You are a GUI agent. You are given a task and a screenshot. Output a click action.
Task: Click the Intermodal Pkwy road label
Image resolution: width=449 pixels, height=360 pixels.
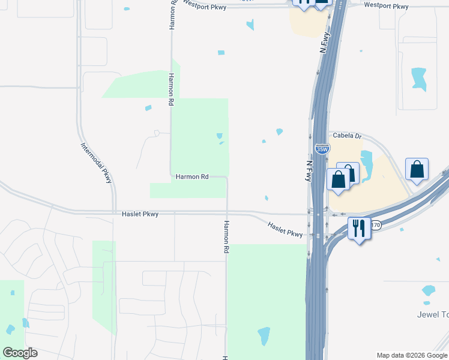[x=97, y=162]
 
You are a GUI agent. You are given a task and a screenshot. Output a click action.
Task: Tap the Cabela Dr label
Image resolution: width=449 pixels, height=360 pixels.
[x=346, y=136]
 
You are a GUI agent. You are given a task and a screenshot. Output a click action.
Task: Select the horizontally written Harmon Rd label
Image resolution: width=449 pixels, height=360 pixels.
[x=191, y=177]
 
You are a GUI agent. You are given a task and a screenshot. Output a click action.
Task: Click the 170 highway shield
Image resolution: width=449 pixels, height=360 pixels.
[x=376, y=226]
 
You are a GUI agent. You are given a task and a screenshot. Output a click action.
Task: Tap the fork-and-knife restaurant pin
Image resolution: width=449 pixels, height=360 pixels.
[x=359, y=229]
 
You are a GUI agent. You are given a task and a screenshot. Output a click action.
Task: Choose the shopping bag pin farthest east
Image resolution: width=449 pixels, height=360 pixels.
[x=417, y=170]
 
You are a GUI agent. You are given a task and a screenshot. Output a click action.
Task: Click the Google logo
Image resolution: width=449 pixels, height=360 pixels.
[x=20, y=353]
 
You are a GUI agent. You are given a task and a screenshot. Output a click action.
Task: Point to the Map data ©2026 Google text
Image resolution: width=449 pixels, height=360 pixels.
[x=412, y=355]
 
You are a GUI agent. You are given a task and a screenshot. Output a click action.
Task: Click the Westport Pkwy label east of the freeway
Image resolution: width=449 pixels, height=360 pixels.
[x=387, y=7]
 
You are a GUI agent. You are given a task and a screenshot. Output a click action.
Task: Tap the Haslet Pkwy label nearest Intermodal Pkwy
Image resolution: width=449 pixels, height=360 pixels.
[x=140, y=214]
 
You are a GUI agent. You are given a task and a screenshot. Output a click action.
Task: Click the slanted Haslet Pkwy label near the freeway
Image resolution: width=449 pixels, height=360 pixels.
[x=285, y=229]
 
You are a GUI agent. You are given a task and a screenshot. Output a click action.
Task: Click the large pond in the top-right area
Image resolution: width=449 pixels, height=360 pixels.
[x=419, y=79]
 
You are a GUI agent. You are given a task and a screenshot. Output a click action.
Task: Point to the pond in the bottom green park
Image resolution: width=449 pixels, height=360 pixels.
[x=263, y=336]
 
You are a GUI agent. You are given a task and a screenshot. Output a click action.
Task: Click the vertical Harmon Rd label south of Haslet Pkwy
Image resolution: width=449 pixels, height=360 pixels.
[x=227, y=236]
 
